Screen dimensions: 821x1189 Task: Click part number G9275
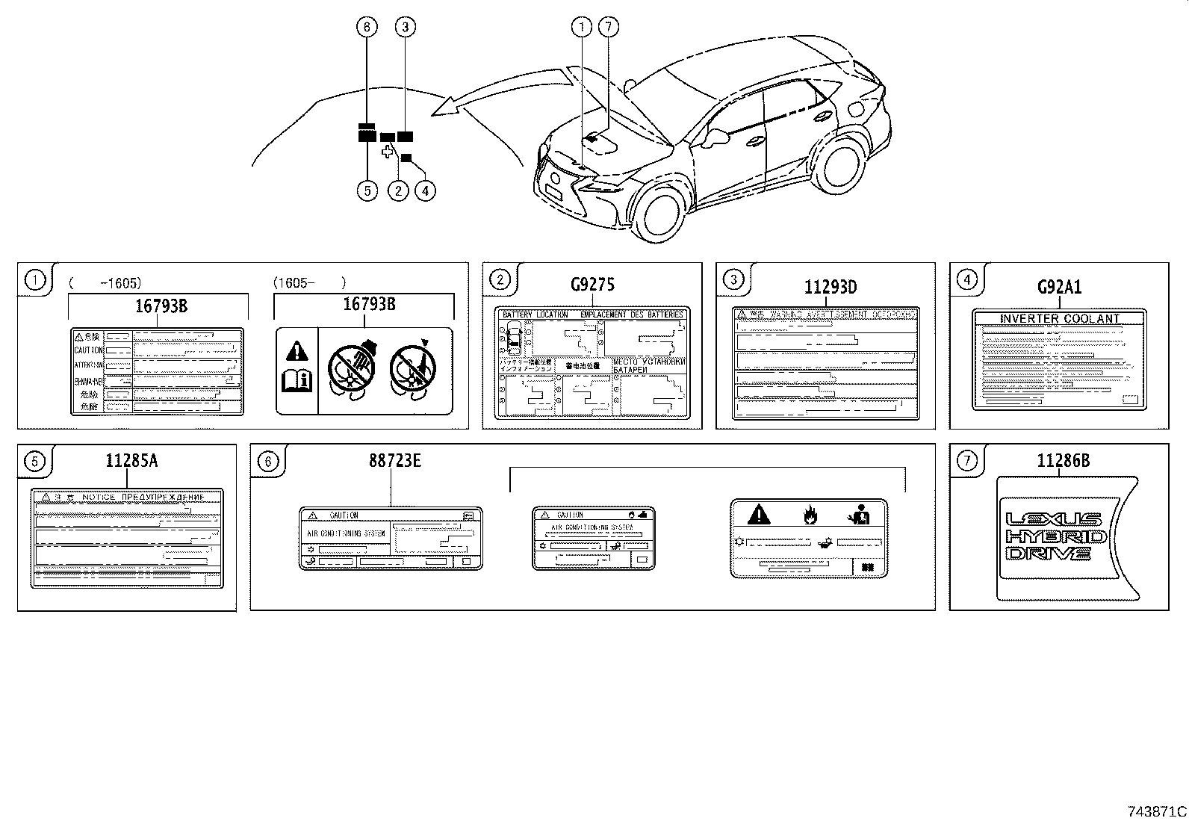coord(592,285)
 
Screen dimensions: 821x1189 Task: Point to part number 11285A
coord(131,461)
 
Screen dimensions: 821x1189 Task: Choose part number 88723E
coord(394,461)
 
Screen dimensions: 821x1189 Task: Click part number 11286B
coord(1063,461)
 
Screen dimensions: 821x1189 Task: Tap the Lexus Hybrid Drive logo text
coord(1054,536)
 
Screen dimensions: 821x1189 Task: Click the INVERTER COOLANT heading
coord(1059,319)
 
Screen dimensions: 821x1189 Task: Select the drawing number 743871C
coord(1157,811)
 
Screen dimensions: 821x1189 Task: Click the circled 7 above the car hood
coord(609,28)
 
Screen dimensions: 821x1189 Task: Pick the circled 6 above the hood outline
coord(367,28)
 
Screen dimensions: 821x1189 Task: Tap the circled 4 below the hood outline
coord(424,190)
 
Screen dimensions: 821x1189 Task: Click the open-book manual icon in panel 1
coord(297,382)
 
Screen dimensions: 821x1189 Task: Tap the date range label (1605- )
coord(308,282)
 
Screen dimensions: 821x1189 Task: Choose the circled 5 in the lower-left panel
coord(35,462)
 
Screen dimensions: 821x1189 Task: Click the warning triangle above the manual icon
coord(297,350)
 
